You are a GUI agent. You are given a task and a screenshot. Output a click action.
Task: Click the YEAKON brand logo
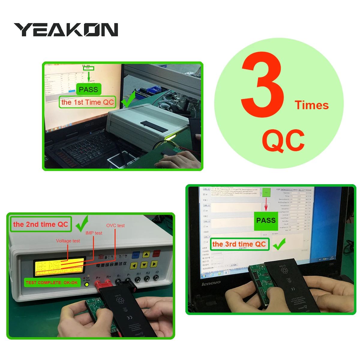(x=66, y=30)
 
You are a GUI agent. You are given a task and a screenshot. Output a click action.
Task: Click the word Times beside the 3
(x=311, y=105)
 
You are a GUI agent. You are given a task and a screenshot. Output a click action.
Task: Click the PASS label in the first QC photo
(x=88, y=89)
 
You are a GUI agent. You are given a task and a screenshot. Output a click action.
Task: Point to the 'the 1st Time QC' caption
(x=87, y=102)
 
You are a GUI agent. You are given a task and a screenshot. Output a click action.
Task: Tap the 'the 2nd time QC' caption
(x=41, y=224)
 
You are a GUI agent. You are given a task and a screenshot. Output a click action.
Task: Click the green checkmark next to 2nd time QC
(x=82, y=224)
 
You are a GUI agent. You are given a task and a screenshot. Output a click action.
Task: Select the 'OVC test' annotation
(x=115, y=226)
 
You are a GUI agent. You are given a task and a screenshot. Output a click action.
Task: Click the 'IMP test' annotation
(x=94, y=233)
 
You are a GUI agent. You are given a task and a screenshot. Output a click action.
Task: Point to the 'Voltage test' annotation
(x=68, y=241)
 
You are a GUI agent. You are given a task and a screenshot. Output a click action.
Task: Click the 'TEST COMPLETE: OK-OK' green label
(x=52, y=283)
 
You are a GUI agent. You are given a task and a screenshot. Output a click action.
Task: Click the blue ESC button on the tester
(x=136, y=255)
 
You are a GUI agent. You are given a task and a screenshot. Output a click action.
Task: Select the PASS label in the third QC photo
(x=266, y=221)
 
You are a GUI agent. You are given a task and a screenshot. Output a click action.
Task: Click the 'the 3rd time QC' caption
(x=239, y=244)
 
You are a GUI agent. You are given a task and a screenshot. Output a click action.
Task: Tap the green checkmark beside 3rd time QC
(x=279, y=244)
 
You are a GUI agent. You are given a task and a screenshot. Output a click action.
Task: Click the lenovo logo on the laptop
(x=211, y=283)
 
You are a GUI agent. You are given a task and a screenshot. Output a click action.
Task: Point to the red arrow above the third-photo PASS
(x=266, y=206)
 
